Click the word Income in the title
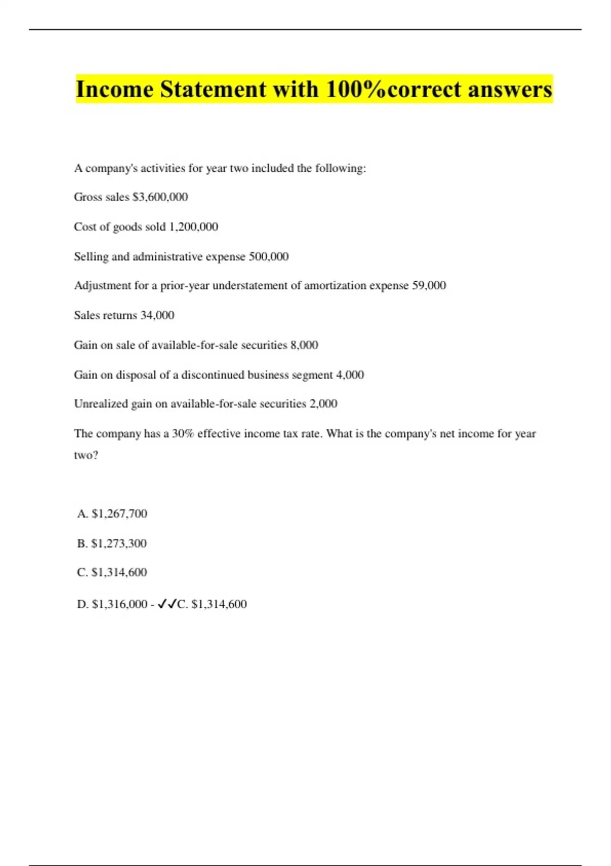point(115,90)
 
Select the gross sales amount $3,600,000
point(160,197)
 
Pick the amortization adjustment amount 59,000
point(429,285)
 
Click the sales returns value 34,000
point(157,315)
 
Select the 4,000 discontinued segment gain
point(350,375)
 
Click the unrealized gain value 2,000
point(323,404)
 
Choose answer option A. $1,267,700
point(112,513)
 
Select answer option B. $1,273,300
point(112,544)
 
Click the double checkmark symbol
point(167,604)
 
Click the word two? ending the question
point(86,455)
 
